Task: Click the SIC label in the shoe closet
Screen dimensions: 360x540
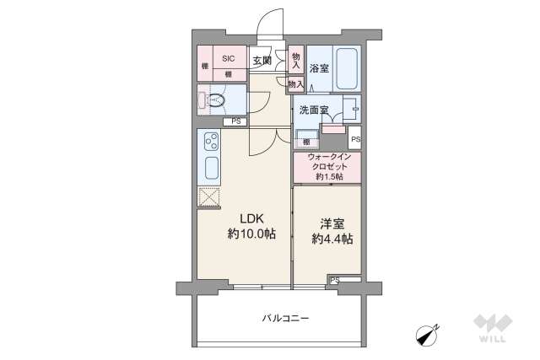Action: pyautogui.click(x=228, y=58)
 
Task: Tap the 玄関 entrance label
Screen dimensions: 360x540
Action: pyautogui.click(x=262, y=60)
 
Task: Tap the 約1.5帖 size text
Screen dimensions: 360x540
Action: pyautogui.click(x=329, y=177)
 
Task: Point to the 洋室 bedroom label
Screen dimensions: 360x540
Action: pyautogui.click(x=330, y=223)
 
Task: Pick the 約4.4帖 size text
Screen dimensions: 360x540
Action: pyautogui.click(x=331, y=239)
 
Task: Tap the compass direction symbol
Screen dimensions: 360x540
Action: pyautogui.click(x=429, y=335)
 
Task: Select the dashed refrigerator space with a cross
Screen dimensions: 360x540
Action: pyautogui.click(x=208, y=197)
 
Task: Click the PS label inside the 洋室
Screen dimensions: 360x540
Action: pyautogui.click(x=334, y=279)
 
